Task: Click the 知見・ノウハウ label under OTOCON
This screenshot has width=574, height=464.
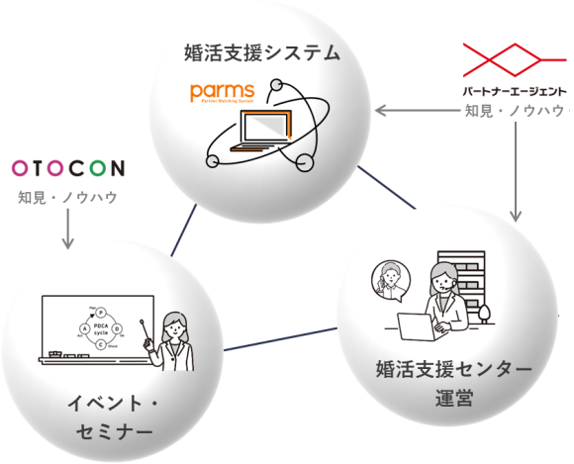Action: click(67, 197)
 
